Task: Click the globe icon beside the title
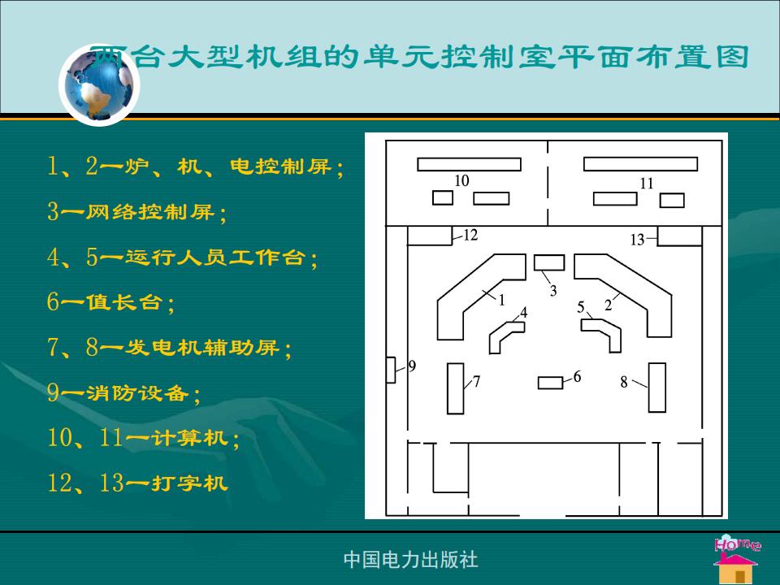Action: [99, 85]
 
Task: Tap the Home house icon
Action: [737, 560]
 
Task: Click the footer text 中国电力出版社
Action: [410, 560]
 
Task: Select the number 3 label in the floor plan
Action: [553, 291]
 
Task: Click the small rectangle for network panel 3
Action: [549, 262]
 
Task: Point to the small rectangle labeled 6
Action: [550, 383]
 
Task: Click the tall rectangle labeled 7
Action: [455, 388]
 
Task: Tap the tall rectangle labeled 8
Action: [657, 388]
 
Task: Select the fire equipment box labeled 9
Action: [391, 370]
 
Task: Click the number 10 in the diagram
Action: [461, 180]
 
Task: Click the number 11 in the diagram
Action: [646, 184]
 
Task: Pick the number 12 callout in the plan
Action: [470, 235]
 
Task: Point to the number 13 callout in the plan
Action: [637, 240]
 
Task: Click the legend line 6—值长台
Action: [110, 302]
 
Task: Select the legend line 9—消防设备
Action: [123, 393]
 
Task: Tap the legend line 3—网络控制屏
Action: [136, 212]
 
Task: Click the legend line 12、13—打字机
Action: [137, 483]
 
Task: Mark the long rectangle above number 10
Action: [469, 164]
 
